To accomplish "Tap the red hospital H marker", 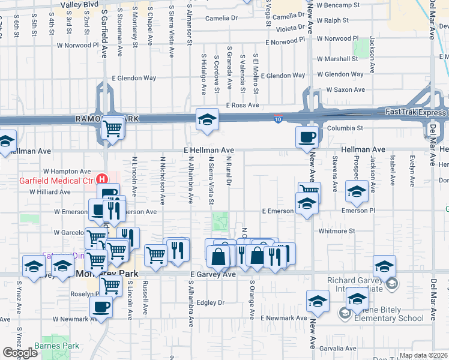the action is pos(103,179).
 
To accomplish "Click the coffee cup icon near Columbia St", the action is pos(307,136).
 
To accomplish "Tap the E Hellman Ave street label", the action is pos(209,150).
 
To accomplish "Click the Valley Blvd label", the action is pos(79,4).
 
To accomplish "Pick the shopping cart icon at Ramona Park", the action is pos(112,127).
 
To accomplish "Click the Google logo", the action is pos(20,353).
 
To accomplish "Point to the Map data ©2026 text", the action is pos(423,356).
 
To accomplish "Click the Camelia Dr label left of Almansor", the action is pos(221,19).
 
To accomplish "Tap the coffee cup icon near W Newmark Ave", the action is pos(101,307).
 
